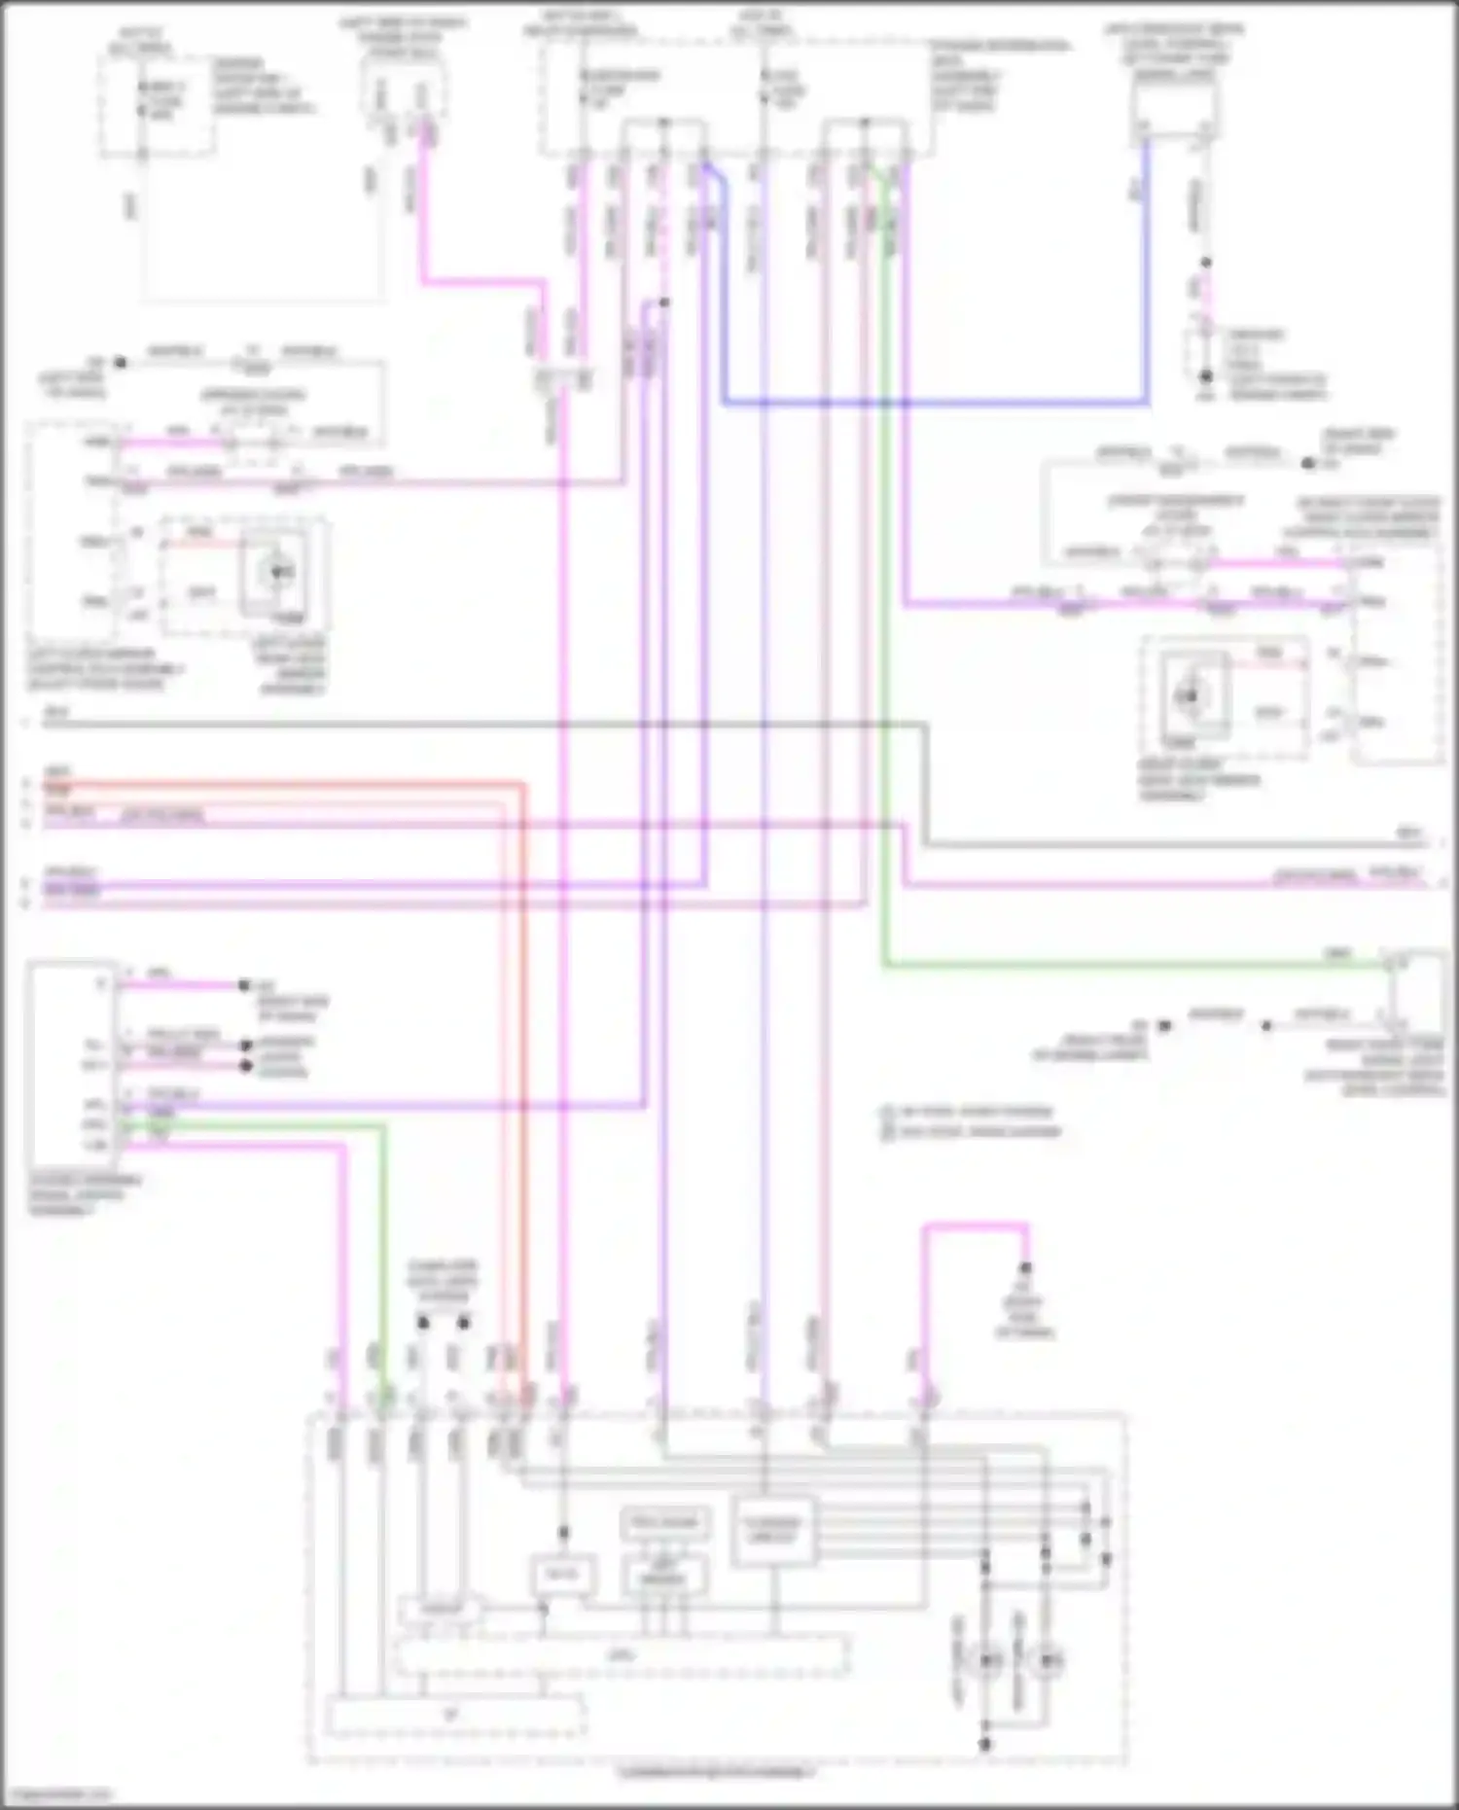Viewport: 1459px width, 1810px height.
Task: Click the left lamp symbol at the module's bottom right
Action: click(x=988, y=1659)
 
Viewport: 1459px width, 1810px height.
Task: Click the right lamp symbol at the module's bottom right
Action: click(x=1047, y=1659)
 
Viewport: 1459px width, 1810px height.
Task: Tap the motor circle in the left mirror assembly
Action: click(x=279, y=572)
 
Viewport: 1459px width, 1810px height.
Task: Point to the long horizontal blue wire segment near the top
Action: click(x=934, y=402)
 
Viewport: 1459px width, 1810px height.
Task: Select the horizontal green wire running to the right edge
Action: click(x=1128, y=965)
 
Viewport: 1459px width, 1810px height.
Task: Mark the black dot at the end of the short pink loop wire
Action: click(x=1025, y=1268)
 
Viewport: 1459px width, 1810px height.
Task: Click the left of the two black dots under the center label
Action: click(x=423, y=1323)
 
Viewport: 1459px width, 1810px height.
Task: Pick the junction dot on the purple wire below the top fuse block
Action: click(x=664, y=302)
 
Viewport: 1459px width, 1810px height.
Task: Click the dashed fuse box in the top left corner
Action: click(x=156, y=105)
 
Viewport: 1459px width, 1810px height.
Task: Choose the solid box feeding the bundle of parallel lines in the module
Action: click(x=773, y=1530)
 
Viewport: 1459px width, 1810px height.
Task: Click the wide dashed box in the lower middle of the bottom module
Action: click(x=621, y=1654)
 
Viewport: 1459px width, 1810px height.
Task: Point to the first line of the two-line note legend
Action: click(x=968, y=1111)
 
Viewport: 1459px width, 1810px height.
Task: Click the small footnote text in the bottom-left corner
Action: click(x=56, y=1794)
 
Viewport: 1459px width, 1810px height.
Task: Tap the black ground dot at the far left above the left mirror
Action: click(x=121, y=362)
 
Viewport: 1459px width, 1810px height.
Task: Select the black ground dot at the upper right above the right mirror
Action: click(x=1308, y=464)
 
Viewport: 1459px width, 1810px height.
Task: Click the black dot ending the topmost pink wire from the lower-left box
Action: click(x=245, y=985)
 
